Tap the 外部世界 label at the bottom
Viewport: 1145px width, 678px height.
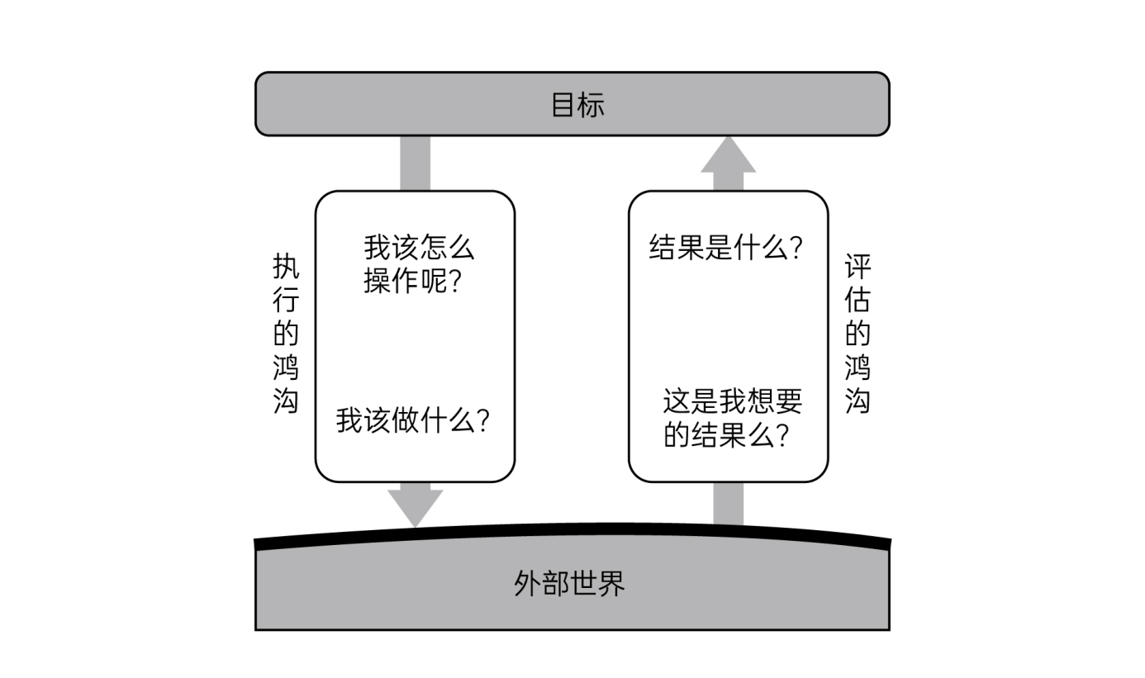[x=569, y=583]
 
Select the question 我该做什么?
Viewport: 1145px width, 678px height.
[x=413, y=421]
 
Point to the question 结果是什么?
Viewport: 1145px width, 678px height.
[x=726, y=248]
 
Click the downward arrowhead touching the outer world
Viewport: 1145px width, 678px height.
[x=415, y=506]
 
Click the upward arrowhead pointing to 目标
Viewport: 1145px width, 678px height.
[x=728, y=154]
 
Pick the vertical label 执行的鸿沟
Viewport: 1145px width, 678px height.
[x=285, y=334]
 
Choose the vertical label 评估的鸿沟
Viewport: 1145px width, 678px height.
[x=858, y=334]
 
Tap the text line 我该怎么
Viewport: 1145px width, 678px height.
[x=419, y=248]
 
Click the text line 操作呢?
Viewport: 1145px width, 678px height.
[x=412, y=282]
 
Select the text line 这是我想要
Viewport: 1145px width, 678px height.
[x=732, y=402]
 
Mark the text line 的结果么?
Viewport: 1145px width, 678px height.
[x=725, y=435]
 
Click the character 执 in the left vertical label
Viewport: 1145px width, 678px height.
[x=285, y=268]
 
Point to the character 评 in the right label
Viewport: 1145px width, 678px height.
[x=858, y=268]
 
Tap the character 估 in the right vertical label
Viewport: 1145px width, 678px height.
[x=858, y=301]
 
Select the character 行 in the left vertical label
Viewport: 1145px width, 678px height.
[x=285, y=301]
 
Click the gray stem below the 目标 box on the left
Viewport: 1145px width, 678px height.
[x=415, y=163]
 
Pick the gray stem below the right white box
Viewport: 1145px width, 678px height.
[x=728, y=503]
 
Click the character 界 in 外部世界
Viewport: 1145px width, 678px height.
[x=611, y=583]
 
